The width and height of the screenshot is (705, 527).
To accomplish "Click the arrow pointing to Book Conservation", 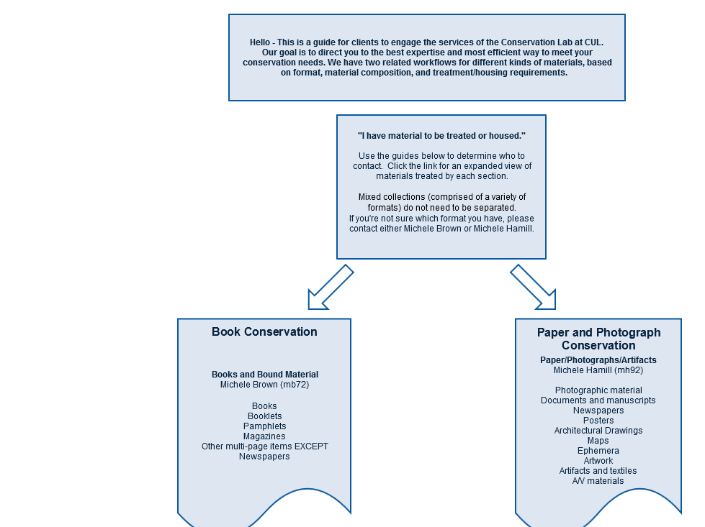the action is [x=331, y=288].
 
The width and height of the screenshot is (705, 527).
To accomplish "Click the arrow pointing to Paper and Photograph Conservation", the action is [x=533, y=288].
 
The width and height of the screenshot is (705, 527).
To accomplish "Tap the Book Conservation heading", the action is [x=264, y=331].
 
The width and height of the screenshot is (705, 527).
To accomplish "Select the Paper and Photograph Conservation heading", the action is [x=598, y=339].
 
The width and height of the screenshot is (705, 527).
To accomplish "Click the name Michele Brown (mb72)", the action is [x=264, y=385].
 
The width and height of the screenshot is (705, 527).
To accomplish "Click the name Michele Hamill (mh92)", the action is [x=598, y=370].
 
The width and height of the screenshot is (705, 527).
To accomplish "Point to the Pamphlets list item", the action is [x=264, y=426].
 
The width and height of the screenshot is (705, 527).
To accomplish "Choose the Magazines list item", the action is [x=264, y=436].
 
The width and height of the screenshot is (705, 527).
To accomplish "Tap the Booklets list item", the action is [x=264, y=416].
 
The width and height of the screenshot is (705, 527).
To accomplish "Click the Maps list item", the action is [x=598, y=441].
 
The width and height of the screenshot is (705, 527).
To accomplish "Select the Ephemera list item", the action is [x=598, y=451].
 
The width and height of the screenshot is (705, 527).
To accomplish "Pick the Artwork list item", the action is [x=598, y=461].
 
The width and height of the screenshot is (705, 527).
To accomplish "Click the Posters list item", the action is [x=598, y=421].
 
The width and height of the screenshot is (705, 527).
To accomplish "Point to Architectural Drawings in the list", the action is [x=598, y=431].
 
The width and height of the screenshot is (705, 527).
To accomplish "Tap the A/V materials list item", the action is [x=598, y=481].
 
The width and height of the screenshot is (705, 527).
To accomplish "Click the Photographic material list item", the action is [x=598, y=390].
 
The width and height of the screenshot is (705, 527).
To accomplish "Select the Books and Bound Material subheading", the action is [x=265, y=375].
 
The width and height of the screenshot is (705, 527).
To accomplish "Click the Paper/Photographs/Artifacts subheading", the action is [x=598, y=360].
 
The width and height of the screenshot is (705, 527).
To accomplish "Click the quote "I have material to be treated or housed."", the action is [x=441, y=136].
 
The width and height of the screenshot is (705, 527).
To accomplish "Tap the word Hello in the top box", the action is [x=260, y=42].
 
